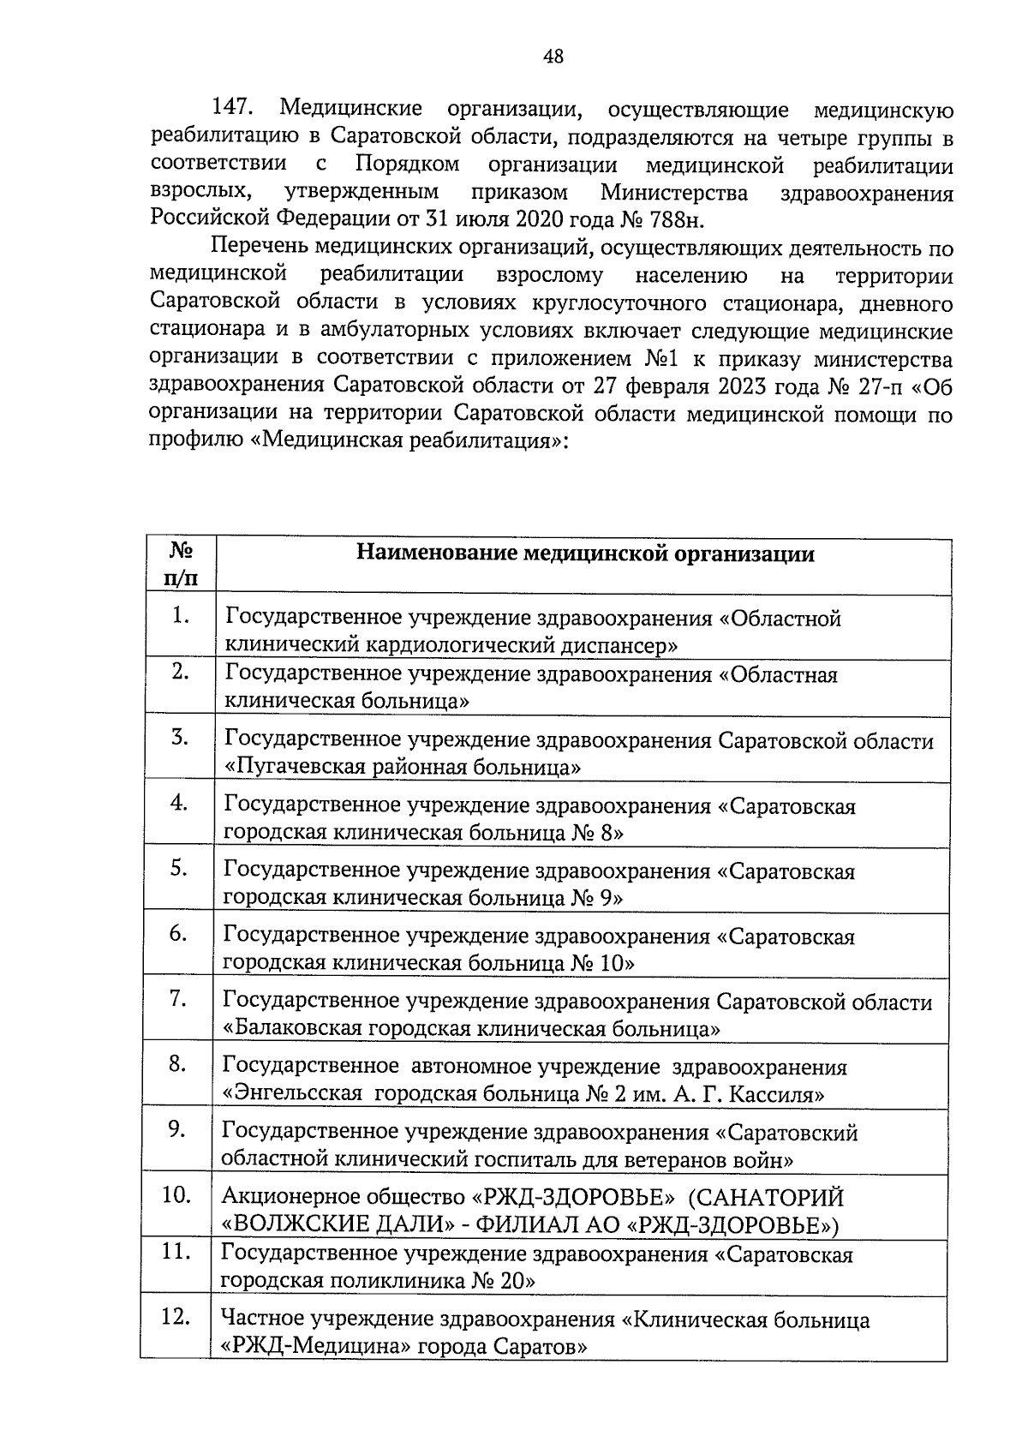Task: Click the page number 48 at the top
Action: [x=553, y=57]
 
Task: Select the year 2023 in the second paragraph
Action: [x=737, y=386]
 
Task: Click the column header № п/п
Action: [x=180, y=565]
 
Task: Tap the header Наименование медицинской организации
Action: [x=585, y=553]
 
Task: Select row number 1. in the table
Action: [x=179, y=614]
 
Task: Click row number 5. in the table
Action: [x=178, y=868]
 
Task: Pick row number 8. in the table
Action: [x=177, y=1064]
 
